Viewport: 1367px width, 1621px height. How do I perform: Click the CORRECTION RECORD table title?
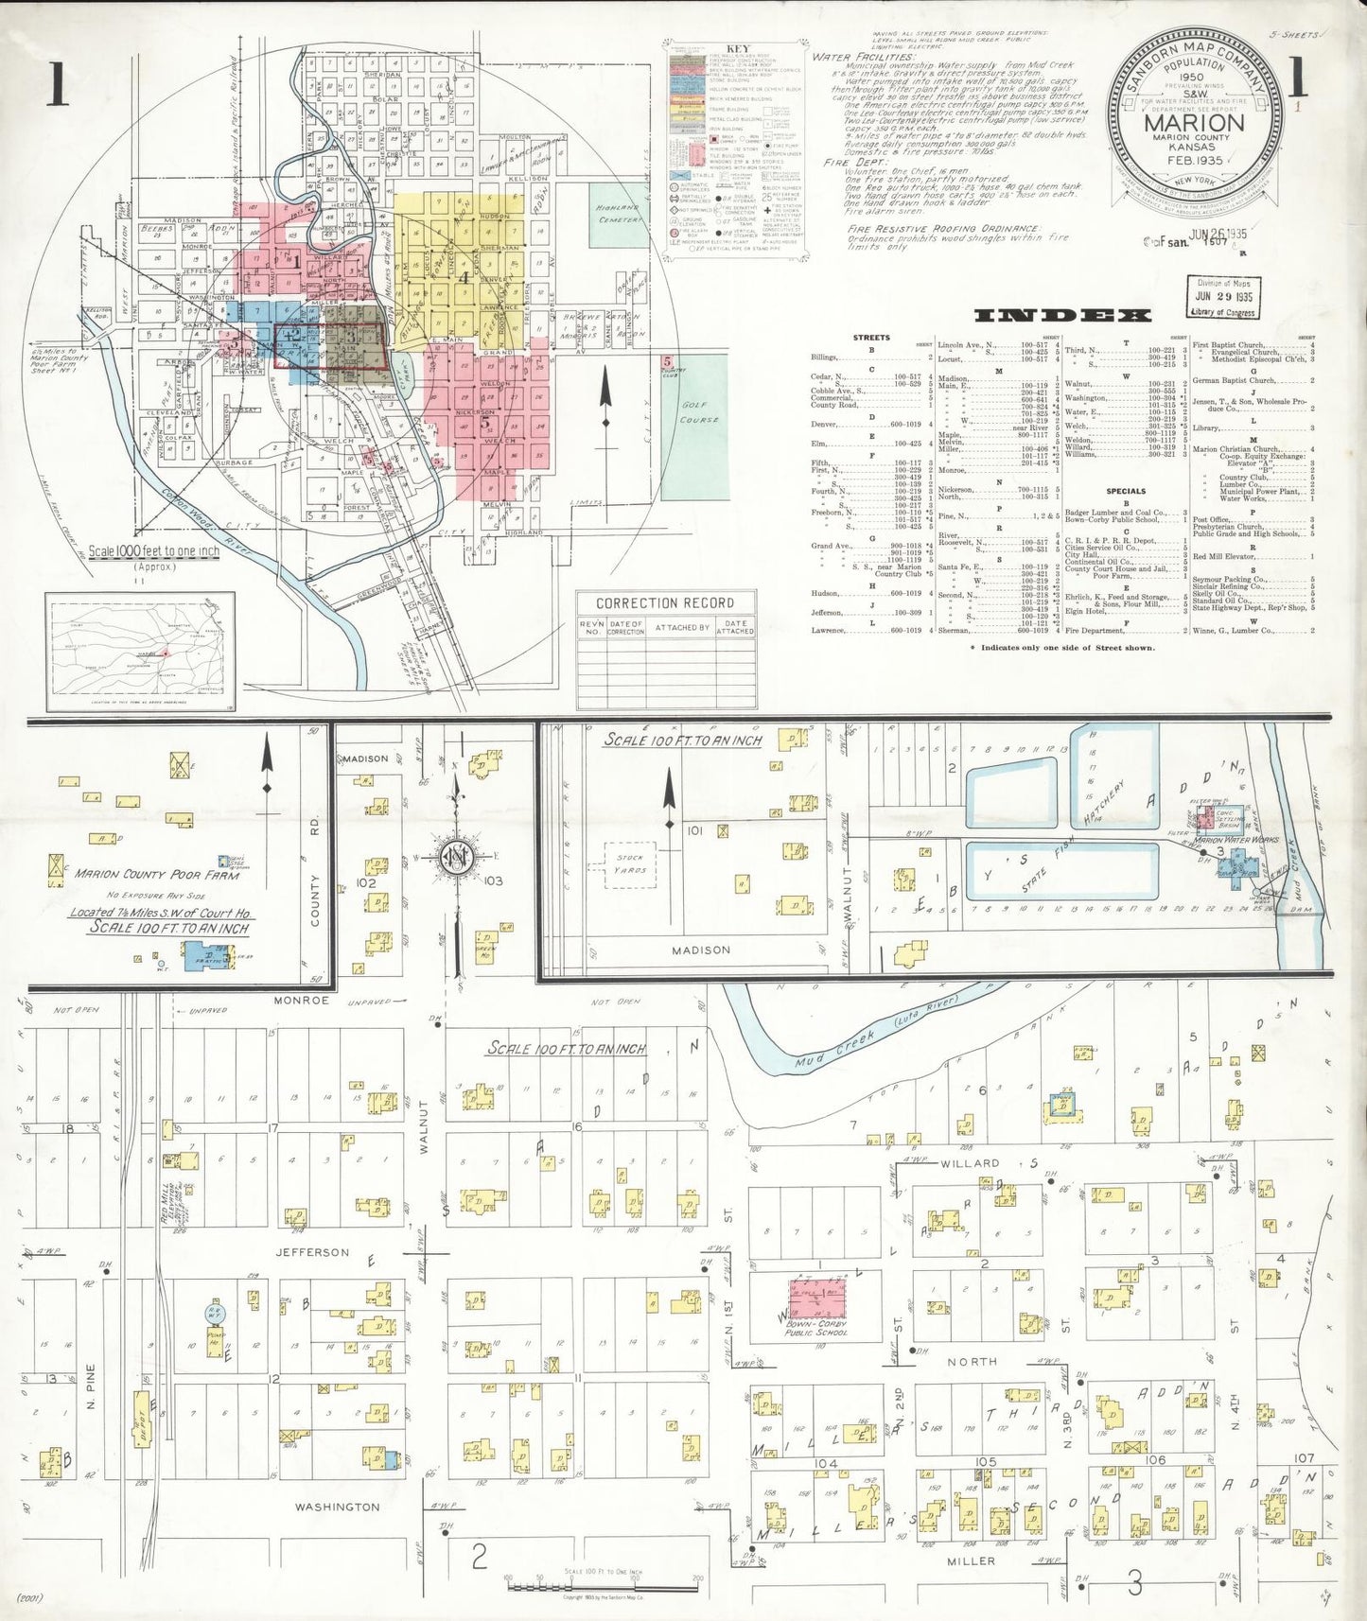[665, 603]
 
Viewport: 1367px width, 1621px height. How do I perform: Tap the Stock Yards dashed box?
[629, 863]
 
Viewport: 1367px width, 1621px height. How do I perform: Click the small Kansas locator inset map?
[141, 652]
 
